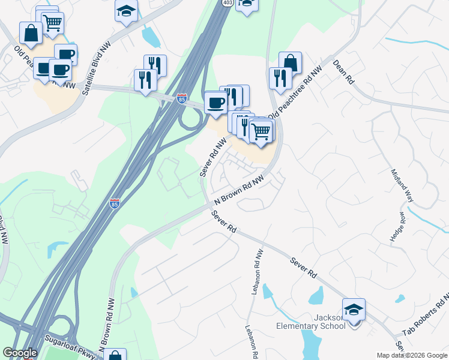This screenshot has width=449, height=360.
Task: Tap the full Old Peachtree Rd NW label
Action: [295, 92]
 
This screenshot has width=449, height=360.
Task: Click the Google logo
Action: [20, 353]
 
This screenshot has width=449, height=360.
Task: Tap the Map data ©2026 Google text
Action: [412, 355]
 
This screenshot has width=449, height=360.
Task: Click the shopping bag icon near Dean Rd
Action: [290, 62]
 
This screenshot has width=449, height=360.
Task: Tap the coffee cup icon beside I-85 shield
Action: [215, 103]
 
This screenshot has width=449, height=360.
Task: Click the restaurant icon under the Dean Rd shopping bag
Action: [280, 78]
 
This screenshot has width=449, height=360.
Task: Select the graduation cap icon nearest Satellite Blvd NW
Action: [127, 11]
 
